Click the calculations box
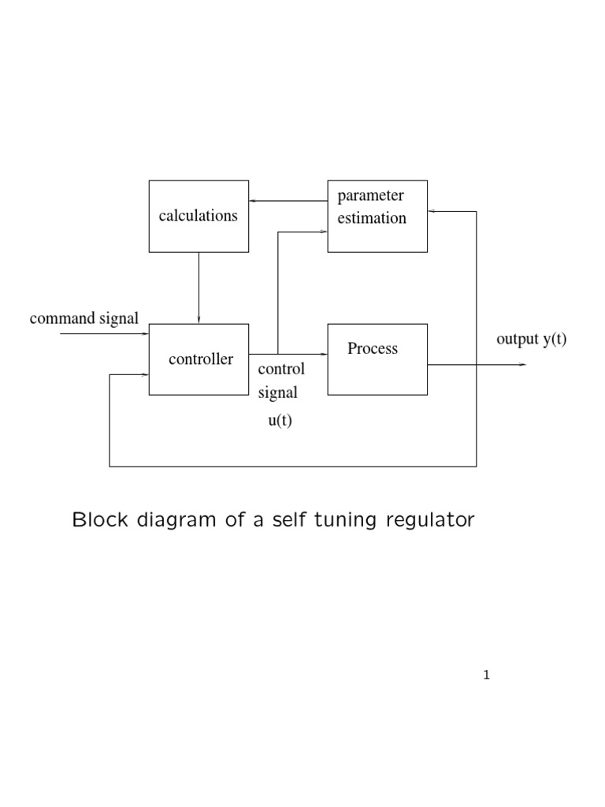(x=199, y=216)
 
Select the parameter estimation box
(x=377, y=216)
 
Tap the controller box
(x=199, y=359)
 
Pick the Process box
(x=377, y=359)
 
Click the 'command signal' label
(x=84, y=319)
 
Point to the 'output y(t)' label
(x=532, y=340)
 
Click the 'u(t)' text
(x=280, y=420)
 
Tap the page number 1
(x=487, y=675)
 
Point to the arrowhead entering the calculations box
(x=254, y=201)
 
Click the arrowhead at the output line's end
(x=522, y=365)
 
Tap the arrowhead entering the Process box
(x=323, y=354)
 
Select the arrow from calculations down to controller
(x=199, y=288)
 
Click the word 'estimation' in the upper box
(x=372, y=218)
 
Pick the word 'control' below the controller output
(x=281, y=370)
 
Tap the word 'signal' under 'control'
(x=278, y=392)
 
